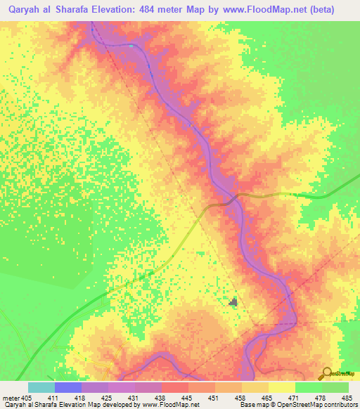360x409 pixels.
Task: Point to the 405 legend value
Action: coord(27,397)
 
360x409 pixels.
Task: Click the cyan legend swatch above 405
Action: coord(41,387)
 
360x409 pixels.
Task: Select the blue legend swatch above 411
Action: coord(68,387)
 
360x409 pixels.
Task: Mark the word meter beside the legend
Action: coord(9,397)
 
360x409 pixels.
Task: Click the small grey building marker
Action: coord(234,302)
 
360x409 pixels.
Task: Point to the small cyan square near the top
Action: coord(131,46)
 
